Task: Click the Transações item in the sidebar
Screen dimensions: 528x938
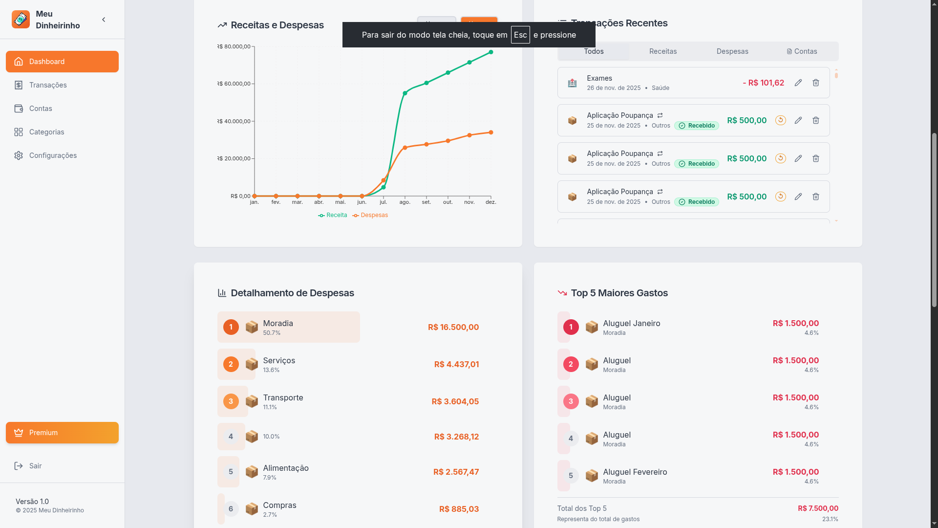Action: click(47, 85)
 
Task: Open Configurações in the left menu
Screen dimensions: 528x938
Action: click(52, 155)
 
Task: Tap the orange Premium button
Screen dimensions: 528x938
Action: click(62, 433)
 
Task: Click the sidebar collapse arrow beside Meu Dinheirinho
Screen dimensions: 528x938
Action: click(104, 20)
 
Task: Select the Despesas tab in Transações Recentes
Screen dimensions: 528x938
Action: click(732, 51)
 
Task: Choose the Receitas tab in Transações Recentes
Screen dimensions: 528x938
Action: click(662, 51)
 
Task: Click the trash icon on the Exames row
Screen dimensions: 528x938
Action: click(815, 83)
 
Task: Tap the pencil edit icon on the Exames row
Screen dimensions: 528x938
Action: click(798, 83)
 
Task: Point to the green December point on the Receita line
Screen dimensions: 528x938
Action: click(491, 52)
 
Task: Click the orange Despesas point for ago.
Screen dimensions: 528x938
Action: click(405, 148)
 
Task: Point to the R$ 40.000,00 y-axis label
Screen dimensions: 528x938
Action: click(234, 121)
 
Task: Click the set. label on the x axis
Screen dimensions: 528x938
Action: click(426, 202)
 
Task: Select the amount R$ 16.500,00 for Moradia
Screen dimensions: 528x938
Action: click(453, 327)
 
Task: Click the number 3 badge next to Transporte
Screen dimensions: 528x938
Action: click(231, 401)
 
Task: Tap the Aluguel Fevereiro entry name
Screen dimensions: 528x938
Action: click(635, 472)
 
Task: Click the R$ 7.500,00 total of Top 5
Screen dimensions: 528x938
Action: click(817, 508)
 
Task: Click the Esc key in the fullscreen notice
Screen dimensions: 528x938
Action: click(520, 35)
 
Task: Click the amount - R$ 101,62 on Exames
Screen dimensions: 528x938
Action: click(763, 83)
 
